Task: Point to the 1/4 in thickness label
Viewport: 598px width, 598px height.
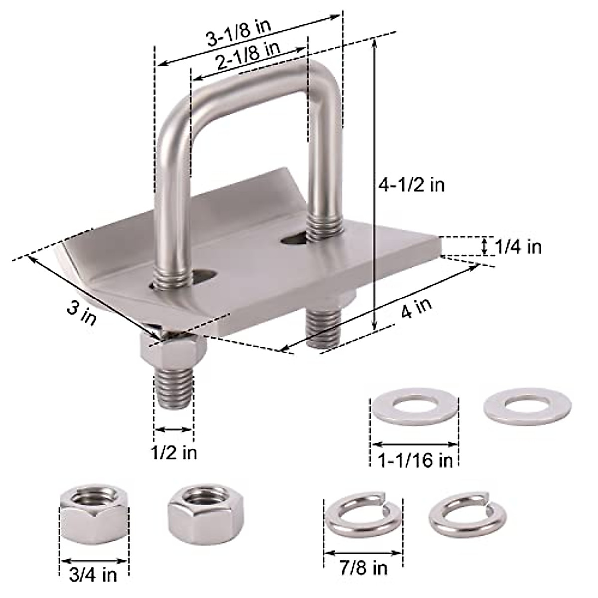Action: (x=518, y=247)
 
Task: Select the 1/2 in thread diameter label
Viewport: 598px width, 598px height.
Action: (x=174, y=452)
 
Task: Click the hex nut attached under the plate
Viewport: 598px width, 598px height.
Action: (x=172, y=350)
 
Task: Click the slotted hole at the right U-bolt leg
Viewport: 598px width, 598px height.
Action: (x=295, y=239)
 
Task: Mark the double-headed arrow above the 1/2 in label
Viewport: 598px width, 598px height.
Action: (x=173, y=429)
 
